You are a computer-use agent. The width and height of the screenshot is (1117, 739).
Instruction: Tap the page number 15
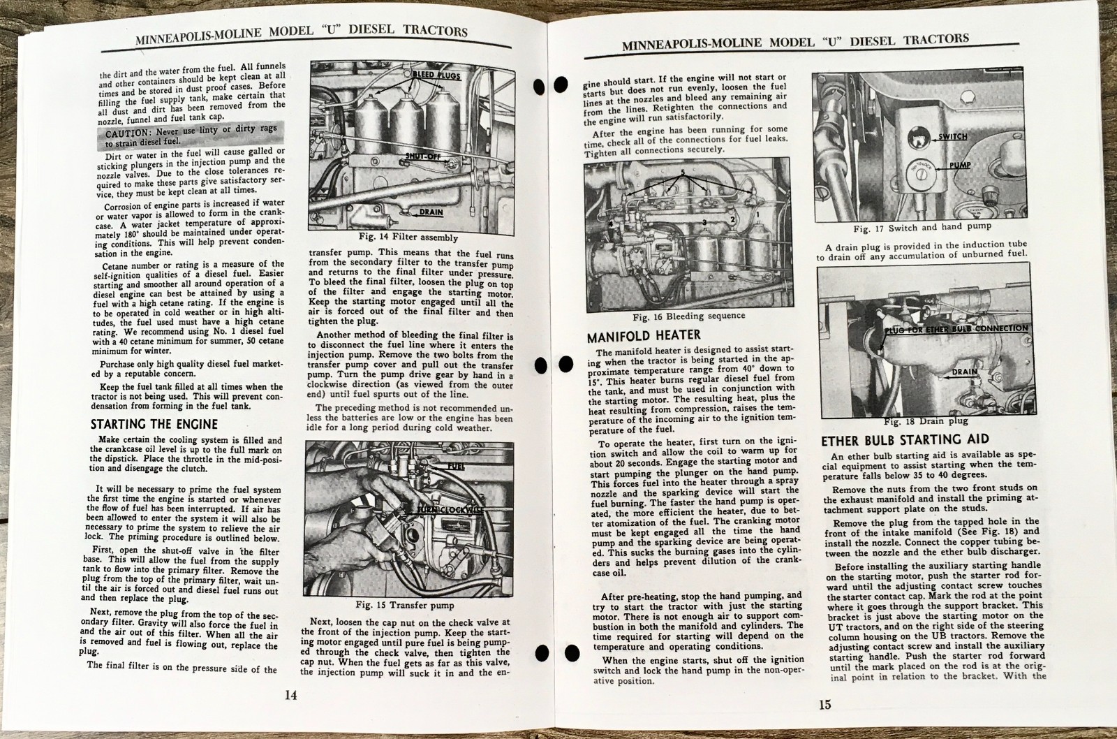tap(825, 704)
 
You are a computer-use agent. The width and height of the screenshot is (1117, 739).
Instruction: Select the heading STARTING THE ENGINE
tap(154, 424)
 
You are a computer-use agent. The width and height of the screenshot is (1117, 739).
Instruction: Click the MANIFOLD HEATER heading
tap(643, 336)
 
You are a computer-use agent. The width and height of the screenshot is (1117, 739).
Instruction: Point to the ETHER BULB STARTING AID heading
tap(905, 439)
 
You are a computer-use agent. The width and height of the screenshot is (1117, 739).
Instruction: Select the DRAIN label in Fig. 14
tap(430, 212)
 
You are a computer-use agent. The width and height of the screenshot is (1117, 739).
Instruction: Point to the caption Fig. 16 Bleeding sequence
tap(688, 316)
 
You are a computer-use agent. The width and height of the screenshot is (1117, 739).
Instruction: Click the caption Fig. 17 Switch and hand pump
tap(922, 227)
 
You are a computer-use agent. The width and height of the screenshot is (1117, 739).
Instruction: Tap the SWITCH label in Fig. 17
tap(952, 136)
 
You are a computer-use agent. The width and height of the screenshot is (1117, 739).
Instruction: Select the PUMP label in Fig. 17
tap(955, 166)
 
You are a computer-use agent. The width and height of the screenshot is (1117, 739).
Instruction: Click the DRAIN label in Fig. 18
tap(965, 372)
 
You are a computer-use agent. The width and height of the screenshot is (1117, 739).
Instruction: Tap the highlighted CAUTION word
tap(127, 133)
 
